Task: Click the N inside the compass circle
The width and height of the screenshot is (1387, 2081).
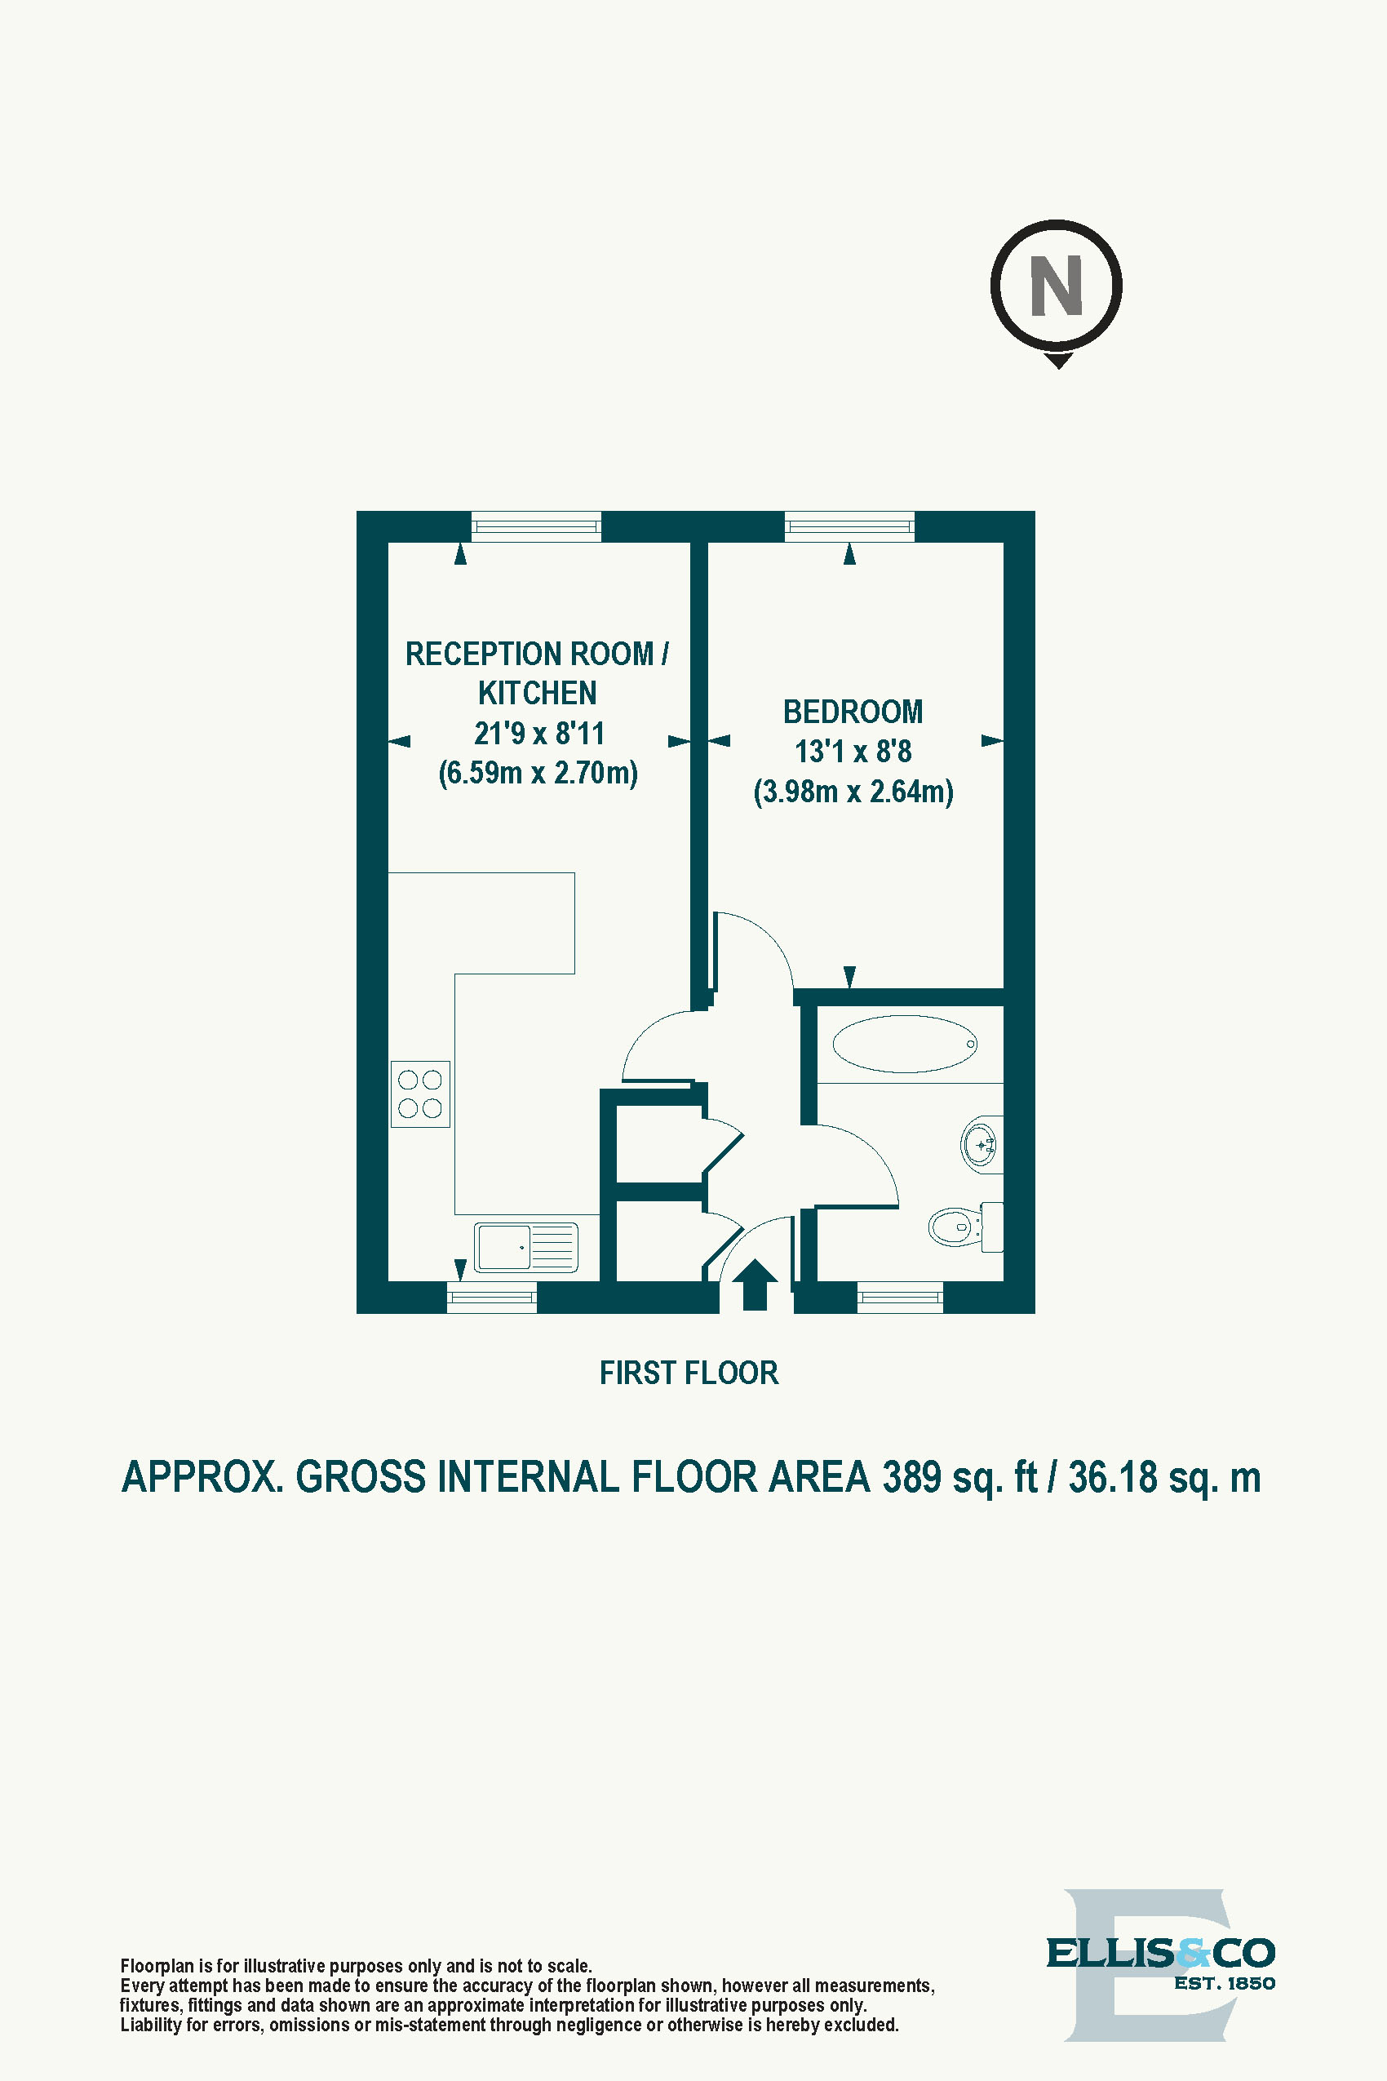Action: tap(1057, 286)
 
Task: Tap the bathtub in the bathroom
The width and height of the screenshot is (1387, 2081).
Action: tap(904, 1044)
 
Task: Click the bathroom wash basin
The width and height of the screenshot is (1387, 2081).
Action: tap(981, 1145)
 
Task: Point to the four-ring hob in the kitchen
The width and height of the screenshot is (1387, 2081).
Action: tap(420, 1094)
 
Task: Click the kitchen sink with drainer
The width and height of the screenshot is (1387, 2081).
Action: tap(525, 1247)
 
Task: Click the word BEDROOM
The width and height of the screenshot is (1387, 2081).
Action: tap(853, 712)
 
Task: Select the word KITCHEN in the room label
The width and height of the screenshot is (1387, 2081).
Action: tap(537, 693)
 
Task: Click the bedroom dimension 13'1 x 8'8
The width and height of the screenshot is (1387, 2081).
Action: tap(853, 751)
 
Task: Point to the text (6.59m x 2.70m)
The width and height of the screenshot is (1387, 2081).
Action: tap(538, 772)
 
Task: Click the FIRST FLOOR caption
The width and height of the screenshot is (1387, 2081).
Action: tap(688, 1373)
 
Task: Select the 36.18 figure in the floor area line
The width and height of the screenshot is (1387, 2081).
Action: tap(1112, 1478)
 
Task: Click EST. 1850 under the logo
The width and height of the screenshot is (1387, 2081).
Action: tap(1225, 1984)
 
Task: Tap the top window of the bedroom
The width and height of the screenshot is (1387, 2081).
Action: tap(849, 527)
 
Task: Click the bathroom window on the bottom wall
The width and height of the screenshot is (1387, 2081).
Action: tap(900, 1297)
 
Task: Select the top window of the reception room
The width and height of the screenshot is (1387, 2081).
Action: tap(536, 527)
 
